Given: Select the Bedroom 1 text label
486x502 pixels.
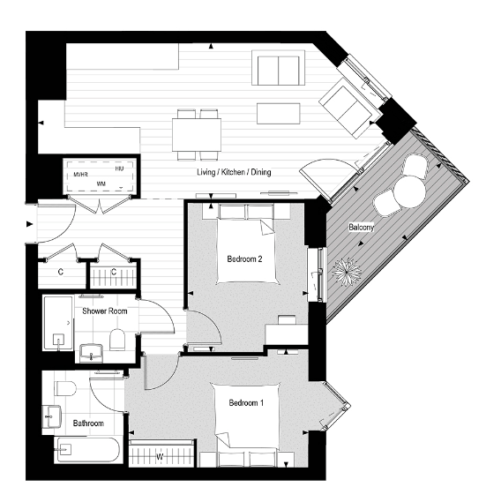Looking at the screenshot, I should point(245,403).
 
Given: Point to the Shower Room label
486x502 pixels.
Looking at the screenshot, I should point(104,311).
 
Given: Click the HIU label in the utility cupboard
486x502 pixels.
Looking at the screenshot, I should point(121,164).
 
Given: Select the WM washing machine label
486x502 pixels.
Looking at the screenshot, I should point(101,184).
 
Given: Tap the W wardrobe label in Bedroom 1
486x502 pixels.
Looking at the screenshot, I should point(159,457).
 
